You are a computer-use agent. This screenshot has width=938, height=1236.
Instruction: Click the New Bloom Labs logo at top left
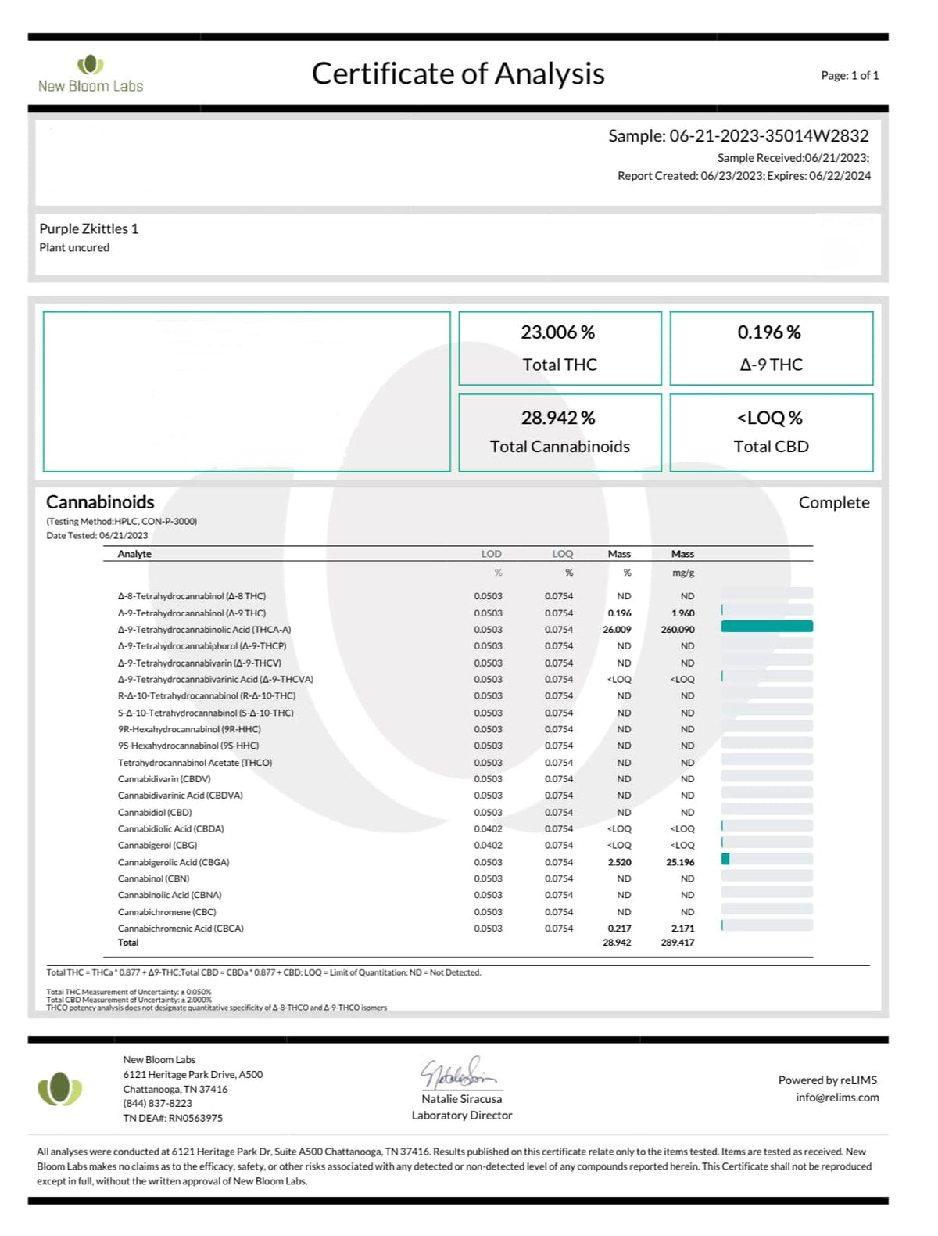91,74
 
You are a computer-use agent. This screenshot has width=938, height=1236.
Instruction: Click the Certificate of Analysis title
458,74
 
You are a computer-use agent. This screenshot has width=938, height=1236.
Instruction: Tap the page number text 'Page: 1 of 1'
850,75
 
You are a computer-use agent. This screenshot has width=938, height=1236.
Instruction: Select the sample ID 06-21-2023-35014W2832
768,135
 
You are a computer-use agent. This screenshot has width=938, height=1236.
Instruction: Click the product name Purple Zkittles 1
89,228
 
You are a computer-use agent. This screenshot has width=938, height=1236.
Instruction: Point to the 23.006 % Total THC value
558,332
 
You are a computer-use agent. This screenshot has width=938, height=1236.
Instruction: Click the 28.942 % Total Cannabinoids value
558,418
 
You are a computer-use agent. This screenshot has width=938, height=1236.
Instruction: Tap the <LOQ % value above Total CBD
770,418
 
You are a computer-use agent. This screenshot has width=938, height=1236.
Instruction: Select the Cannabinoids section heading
100,502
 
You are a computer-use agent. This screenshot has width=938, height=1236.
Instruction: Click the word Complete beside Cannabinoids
833,502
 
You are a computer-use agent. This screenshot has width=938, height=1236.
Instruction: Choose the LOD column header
491,554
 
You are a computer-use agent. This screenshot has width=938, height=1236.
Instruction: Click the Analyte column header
134,554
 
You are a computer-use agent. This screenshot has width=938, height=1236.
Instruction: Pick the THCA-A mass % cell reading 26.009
617,630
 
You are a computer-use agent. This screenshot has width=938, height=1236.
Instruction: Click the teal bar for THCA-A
767,626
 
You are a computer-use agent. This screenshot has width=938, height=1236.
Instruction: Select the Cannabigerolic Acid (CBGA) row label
174,862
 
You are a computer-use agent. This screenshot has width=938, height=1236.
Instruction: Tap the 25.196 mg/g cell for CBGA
680,862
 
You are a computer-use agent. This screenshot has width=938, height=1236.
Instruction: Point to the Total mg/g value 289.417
678,943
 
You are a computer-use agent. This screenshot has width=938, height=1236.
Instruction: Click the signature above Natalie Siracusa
460,1073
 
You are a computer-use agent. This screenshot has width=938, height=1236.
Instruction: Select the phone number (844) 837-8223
157,1103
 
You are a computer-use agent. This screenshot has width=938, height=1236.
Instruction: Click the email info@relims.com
837,1098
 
